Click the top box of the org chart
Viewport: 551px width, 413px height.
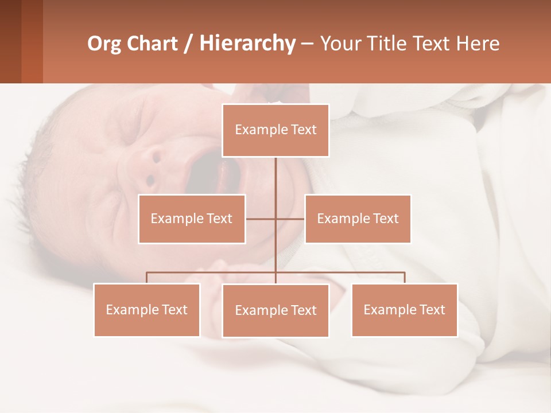click(x=275, y=130)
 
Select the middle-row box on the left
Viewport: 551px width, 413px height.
click(x=192, y=219)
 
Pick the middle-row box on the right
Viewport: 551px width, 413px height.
click(x=358, y=219)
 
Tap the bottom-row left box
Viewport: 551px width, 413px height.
click(x=147, y=310)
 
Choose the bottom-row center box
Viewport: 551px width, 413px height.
click(x=275, y=310)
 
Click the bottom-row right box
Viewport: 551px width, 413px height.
click(x=404, y=310)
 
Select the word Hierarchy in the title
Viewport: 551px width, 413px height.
click(x=247, y=44)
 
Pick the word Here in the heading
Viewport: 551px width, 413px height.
click(x=478, y=44)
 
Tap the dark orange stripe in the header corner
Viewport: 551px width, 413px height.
click(x=32, y=41)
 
